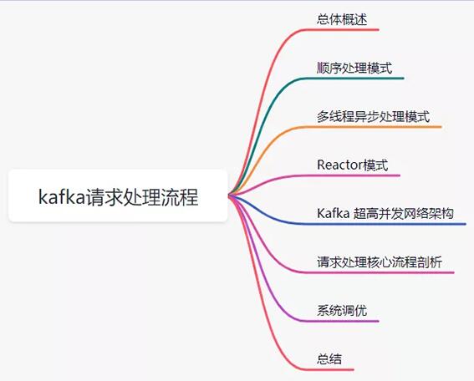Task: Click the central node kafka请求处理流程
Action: [118, 196]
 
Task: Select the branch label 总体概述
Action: [342, 19]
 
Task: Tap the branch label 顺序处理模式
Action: [354, 68]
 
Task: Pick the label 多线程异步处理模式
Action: [373, 116]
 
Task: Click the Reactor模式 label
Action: [352, 165]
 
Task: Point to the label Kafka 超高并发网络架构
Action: [385, 214]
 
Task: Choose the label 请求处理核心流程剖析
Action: [380, 262]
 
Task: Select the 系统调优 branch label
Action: [342, 311]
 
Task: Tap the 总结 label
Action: [329, 359]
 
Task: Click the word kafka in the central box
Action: [62, 196]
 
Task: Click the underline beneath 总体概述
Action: [340, 29]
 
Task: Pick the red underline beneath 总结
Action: [328, 369]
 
